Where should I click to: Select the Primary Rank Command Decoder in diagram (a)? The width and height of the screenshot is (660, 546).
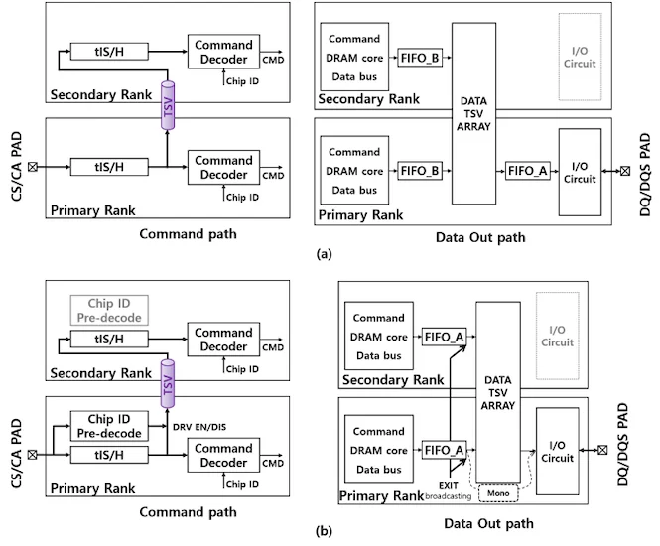point(223,165)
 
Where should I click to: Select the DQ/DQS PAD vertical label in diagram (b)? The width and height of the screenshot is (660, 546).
point(646,434)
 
